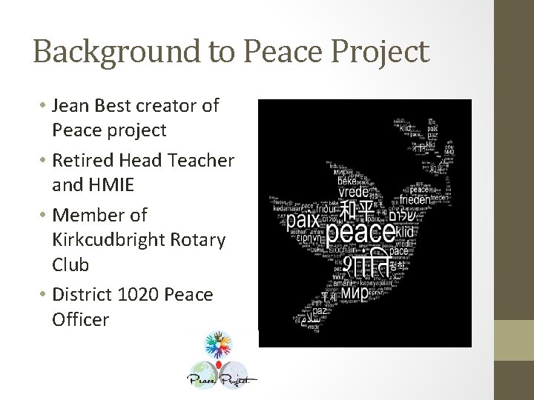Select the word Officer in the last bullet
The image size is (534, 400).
(x=81, y=321)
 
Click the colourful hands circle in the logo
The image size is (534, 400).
(x=221, y=347)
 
